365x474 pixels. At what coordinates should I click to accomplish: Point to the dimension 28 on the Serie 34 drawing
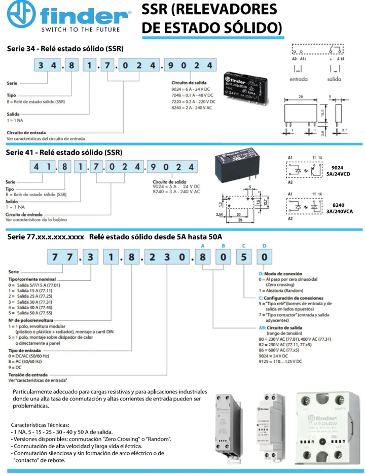point(300,96)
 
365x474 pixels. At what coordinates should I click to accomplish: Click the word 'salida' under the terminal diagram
point(335,79)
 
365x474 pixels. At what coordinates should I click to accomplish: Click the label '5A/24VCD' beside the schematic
point(339,174)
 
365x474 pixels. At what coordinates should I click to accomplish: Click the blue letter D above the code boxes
point(263,245)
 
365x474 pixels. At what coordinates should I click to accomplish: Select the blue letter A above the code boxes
point(203,245)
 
